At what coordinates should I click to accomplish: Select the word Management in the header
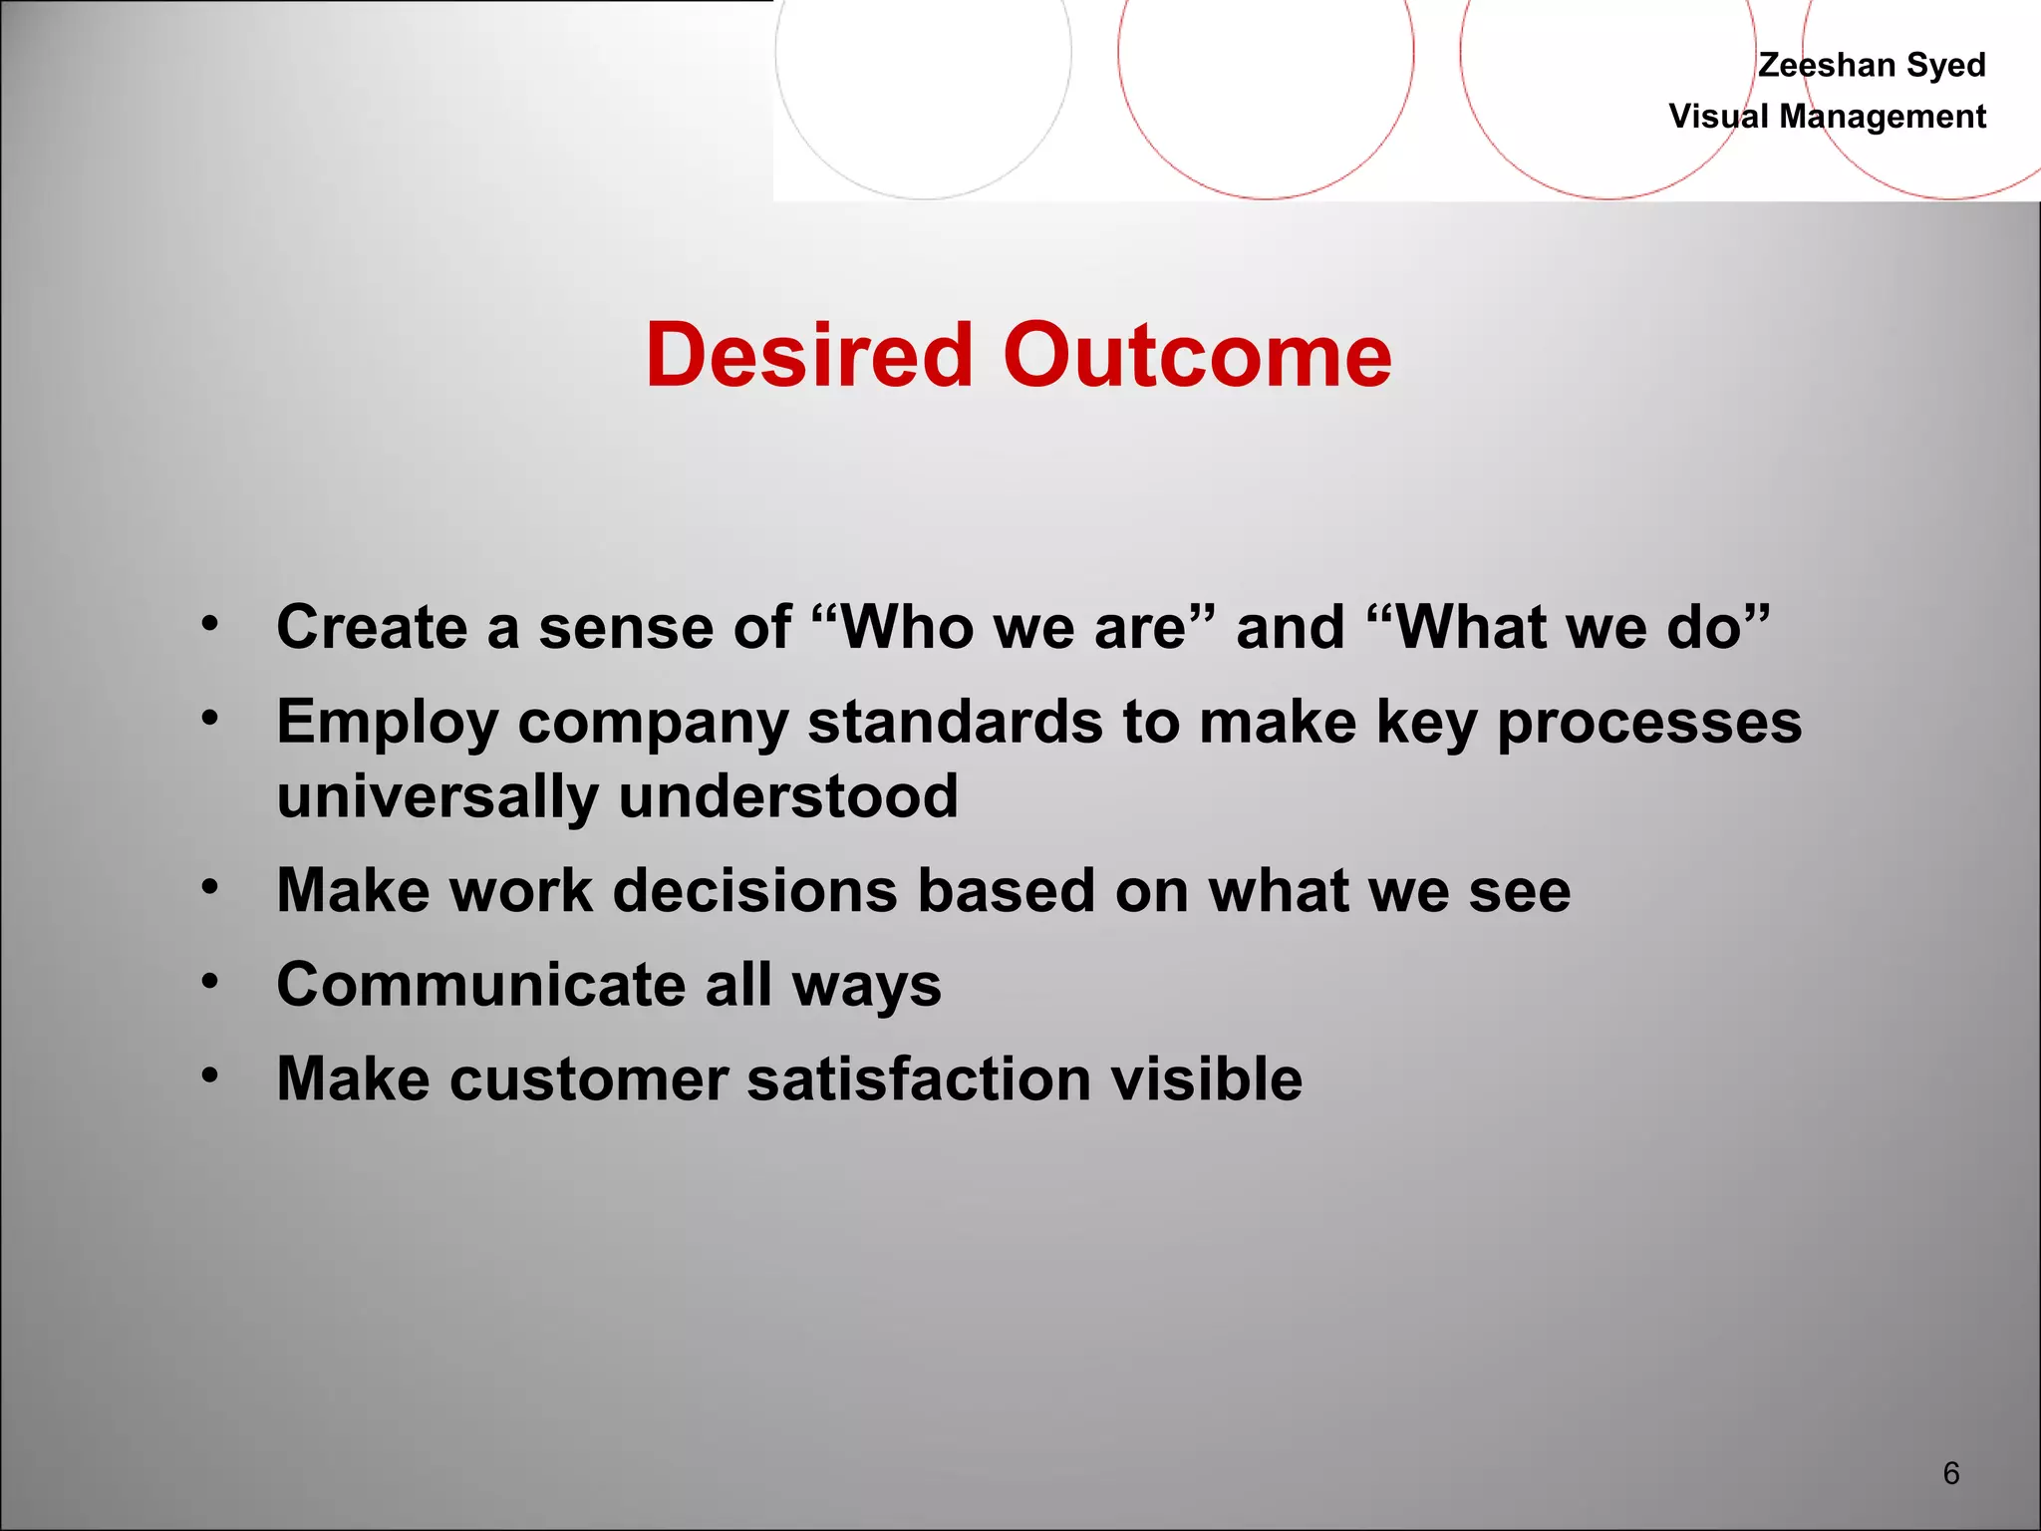[1883, 117]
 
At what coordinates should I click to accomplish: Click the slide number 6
[1950, 1472]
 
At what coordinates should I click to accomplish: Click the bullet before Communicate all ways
[209, 982]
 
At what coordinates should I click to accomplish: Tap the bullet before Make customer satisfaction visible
[209, 1075]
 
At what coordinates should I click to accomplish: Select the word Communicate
[480, 985]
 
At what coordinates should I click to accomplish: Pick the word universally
[437, 797]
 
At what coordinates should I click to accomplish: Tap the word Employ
[387, 724]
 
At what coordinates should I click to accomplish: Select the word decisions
[754, 891]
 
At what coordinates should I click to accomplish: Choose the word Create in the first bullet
[371, 628]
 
